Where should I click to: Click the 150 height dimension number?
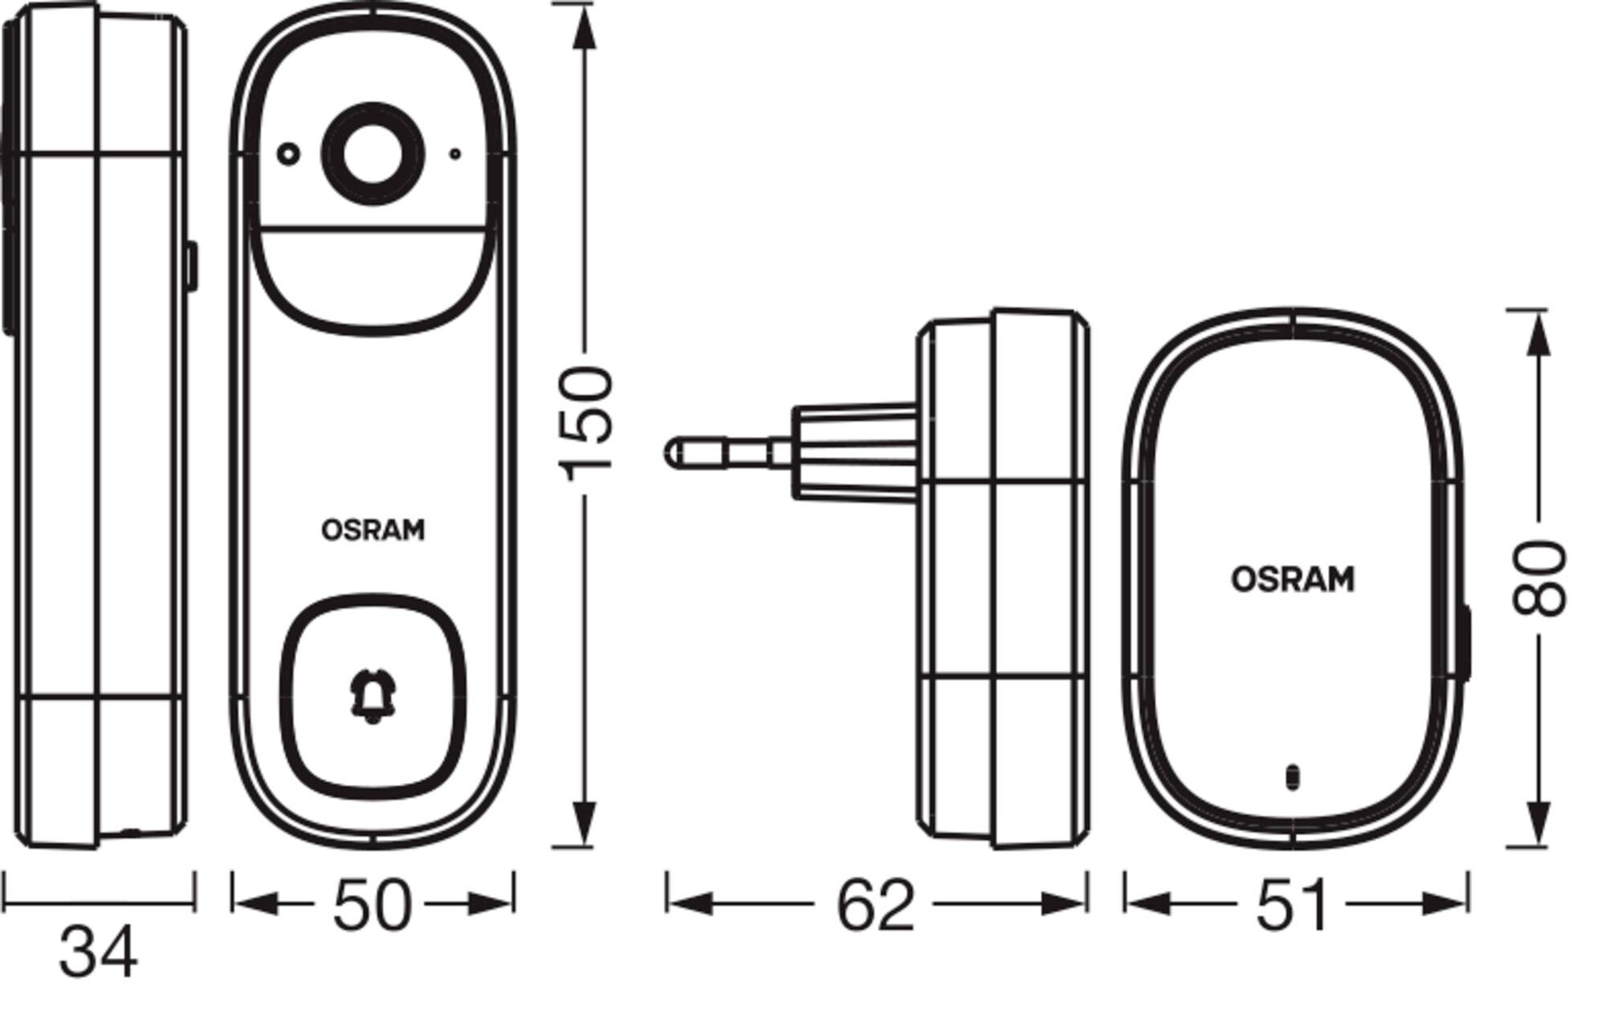[x=587, y=423]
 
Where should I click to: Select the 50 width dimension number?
[x=372, y=906]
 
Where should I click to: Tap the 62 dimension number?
[x=875, y=906]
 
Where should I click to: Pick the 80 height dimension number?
[x=1539, y=579]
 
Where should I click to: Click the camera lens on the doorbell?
[x=373, y=154]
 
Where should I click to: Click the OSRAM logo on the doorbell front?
[x=373, y=530]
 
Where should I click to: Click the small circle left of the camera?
[x=288, y=153]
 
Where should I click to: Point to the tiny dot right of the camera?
[x=455, y=153]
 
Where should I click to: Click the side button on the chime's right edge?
[x=1465, y=642]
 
